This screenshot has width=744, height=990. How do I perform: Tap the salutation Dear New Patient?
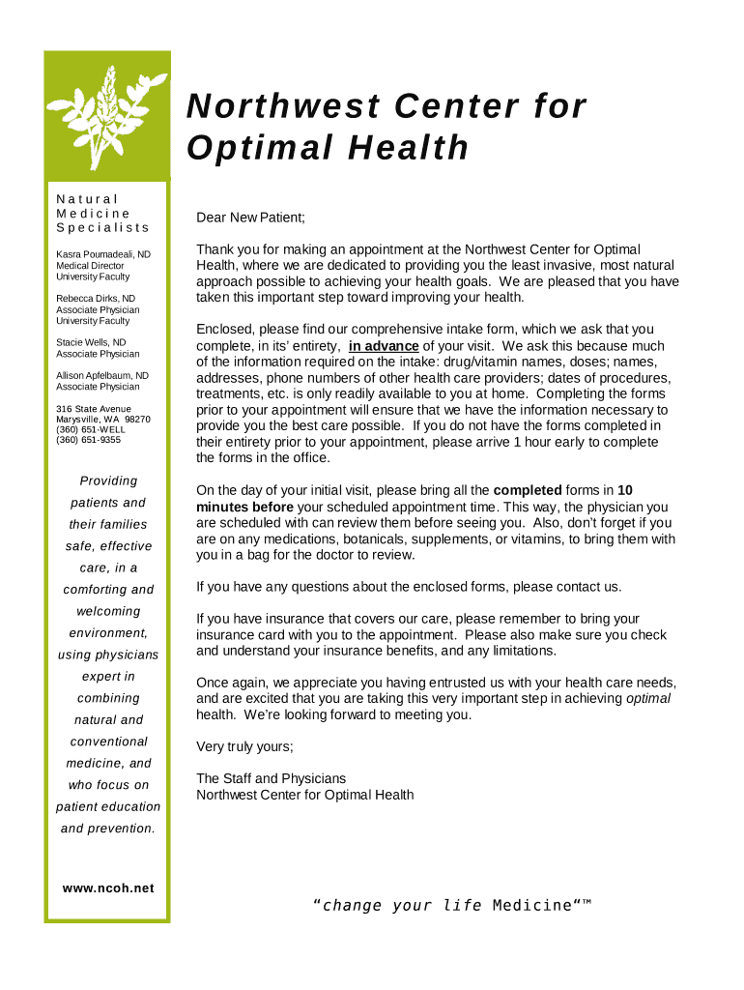250,218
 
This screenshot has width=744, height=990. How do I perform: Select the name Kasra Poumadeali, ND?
102,254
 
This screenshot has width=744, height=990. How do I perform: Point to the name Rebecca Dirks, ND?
96,299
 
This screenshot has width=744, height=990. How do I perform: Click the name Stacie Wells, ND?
91,343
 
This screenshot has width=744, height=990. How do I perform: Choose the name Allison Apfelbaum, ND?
101,375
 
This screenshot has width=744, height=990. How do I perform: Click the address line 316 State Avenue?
93,409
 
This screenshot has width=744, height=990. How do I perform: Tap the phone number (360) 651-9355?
88,440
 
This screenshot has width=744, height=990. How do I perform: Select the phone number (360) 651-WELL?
91,429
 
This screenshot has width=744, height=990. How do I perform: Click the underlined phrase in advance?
384,346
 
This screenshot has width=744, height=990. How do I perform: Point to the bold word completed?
534,489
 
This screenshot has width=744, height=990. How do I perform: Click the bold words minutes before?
244,507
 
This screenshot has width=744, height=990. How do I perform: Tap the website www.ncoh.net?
108,888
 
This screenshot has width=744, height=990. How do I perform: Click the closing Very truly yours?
244,746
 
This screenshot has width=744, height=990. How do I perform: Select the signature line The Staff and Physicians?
271,778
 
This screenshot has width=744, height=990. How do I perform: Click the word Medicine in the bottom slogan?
531,906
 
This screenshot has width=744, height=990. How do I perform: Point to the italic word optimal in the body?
648,699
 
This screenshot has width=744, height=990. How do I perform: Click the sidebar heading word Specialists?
102,228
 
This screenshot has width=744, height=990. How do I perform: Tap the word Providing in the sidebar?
108,480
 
